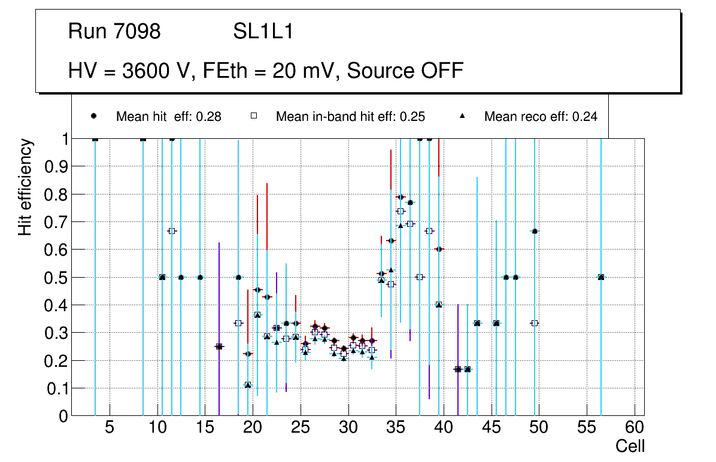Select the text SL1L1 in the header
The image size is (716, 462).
(x=263, y=32)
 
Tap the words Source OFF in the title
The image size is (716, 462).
(x=405, y=71)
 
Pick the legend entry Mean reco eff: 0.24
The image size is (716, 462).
(x=540, y=117)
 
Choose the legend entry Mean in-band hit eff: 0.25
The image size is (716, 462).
(x=350, y=117)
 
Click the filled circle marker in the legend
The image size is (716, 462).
(x=93, y=116)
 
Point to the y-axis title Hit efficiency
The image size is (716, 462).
(x=25, y=187)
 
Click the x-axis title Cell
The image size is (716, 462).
(x=630, y=446)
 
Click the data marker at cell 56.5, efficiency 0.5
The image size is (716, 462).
(x=601, y=277)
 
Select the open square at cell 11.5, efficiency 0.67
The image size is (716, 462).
(x=172, y=231)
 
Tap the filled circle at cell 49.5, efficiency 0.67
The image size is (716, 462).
(x=535, y=231)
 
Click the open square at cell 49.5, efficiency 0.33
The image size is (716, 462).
(x=535, y=323)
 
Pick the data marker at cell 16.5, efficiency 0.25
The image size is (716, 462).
(x=219, y=346)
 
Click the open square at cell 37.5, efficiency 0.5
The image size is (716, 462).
(x=420, y=277)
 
